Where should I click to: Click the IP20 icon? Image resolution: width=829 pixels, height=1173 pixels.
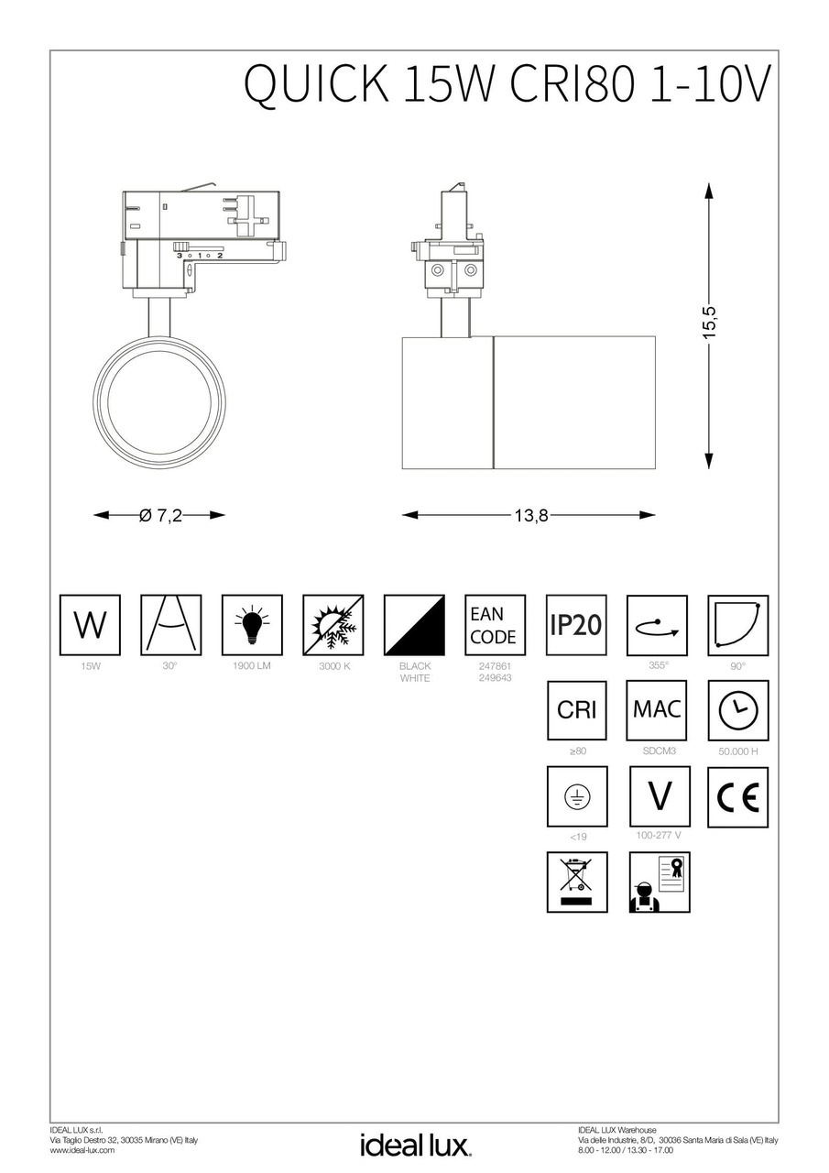576,625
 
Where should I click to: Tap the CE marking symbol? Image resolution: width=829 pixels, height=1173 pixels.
737,797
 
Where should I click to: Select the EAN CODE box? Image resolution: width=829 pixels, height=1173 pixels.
495,625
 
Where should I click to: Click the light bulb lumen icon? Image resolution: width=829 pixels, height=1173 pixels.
252,625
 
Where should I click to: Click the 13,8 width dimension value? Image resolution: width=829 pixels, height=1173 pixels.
529,516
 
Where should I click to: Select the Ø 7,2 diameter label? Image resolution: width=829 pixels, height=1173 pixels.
160,516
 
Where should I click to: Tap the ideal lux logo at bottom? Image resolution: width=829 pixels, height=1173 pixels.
415,1146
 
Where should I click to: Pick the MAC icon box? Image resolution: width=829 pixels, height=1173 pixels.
657,710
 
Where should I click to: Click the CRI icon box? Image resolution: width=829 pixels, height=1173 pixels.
576,710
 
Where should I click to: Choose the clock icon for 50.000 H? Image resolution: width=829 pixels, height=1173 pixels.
737,710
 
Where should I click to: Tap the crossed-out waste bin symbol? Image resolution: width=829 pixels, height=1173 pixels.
576,882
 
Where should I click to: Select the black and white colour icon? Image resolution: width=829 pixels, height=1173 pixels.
414,625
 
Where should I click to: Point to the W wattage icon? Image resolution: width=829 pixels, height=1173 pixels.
90,625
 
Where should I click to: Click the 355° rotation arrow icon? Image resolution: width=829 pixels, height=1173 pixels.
657,625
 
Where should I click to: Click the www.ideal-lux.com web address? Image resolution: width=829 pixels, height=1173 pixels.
82,1150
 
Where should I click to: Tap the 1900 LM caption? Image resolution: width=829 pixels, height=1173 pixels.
252,666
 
